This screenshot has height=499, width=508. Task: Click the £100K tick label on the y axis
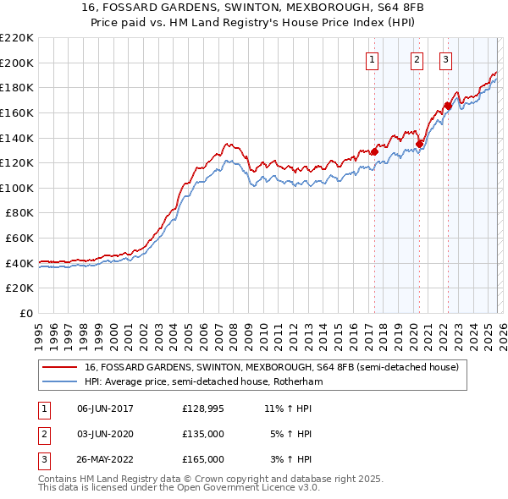[17, 188]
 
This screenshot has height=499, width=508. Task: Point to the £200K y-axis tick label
[17, 63]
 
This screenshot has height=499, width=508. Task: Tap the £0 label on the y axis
[25, 314]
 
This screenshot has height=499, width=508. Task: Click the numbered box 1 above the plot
[373, 59]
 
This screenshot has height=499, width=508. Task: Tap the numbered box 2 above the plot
[417, 59]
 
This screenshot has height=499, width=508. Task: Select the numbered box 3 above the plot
[446, 59]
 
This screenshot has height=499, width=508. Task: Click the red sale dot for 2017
[374, 152]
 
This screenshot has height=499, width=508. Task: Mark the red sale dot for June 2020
[419, 144]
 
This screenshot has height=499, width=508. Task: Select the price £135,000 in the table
[202, 434]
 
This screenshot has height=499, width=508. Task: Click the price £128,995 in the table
[202, 409]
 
